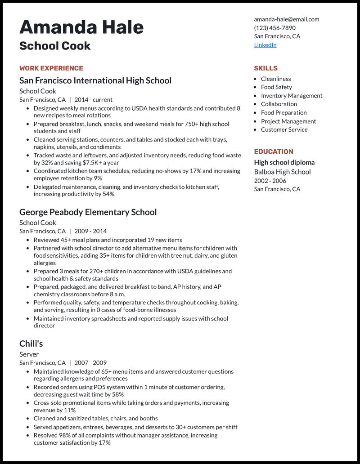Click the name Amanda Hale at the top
pos(81,27)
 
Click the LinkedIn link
pos(265,45)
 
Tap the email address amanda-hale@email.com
pos(286,19)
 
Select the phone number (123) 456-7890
pos(274,28)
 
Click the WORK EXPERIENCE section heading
pos(51,68)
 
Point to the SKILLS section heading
pos(265,68)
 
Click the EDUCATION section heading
pos(273,152)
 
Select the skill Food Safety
pos(276,87)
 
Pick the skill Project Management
pos(288,121)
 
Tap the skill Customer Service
pos(284,129)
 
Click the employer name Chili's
pos(31,344)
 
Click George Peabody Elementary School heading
pos(88,212)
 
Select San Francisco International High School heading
pos(95,80)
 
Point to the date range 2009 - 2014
pos(90,231)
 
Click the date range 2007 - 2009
pos(90,363)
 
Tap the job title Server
pos(29,354)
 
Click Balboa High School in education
pos(282,172)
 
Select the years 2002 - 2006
pos(270,181)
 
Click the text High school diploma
pos(284,162)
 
